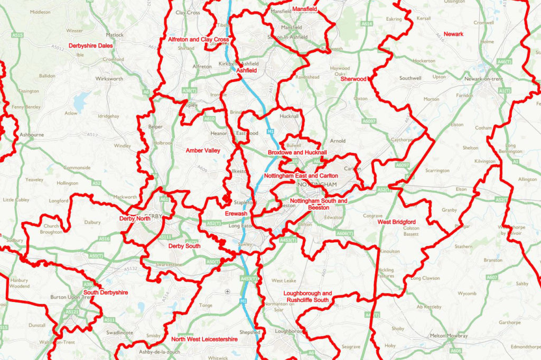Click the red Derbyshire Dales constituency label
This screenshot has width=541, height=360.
[90, 45]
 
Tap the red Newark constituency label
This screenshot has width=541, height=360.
[453, 34]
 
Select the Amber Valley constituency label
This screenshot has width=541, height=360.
[203, 151]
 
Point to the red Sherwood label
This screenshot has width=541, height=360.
[353, 79]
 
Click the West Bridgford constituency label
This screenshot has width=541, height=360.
[396, 222]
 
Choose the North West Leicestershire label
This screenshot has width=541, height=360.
[204, 339]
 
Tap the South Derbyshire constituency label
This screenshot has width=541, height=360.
[106, 292]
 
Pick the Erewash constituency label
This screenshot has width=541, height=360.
[236, 214]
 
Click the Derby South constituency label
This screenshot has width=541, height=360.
[184, 246]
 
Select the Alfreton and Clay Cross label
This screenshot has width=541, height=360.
[198, 40]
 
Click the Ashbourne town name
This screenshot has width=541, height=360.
[32, 135]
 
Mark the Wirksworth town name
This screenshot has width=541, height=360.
[109, 79]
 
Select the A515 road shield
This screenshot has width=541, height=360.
[18, 35]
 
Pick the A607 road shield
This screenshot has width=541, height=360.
[492, 277]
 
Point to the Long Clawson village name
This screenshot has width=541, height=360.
[424, 278]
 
